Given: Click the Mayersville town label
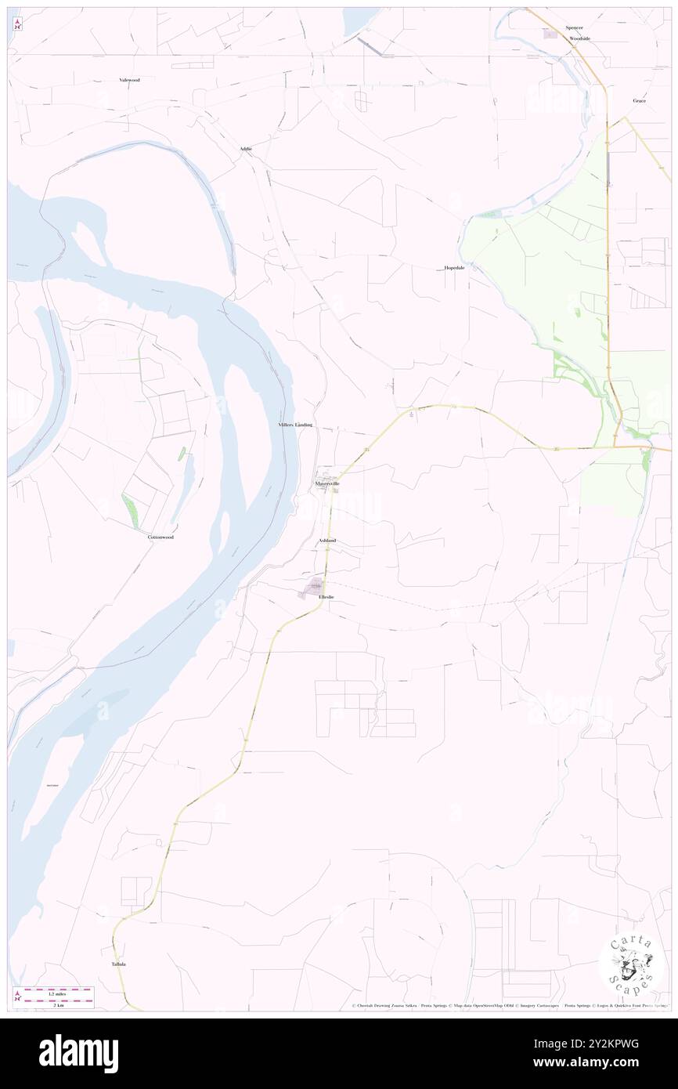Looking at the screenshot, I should (x=328, y=484).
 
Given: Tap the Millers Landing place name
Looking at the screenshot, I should (x=296, y=424).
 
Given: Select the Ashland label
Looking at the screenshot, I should (x=327, y=541).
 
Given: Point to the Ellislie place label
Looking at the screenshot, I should (x=326, y=597).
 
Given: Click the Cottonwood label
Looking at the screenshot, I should (x=160, y=537).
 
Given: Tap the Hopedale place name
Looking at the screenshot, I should (x=454, y=268).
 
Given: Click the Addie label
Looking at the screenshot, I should (x=246, y=149).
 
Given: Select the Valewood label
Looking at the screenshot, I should (x=129, y=80).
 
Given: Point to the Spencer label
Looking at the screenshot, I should (x=574, y=27).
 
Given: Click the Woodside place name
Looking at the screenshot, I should (x=579, y=38).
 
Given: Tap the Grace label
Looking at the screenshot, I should (x=640, y=101).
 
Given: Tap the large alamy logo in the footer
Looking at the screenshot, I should (x=78, y=1054).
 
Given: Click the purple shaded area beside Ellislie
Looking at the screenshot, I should (x=313, y=588).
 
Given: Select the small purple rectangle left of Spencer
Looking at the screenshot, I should (x=550, y=34).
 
